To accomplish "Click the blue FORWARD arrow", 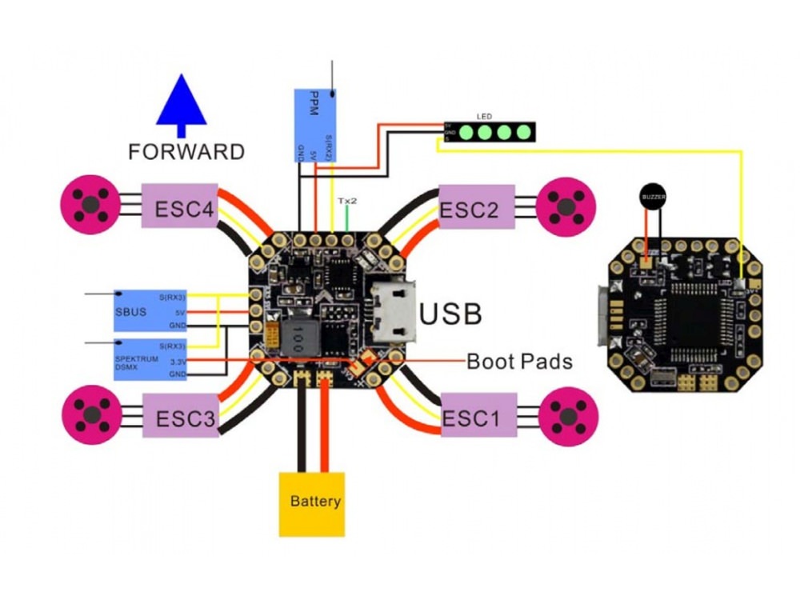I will (x=182, y=104).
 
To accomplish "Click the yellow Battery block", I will (x=311, y=503).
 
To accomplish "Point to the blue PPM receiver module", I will (x=313, y=126).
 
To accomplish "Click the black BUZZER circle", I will (x=653, y=195).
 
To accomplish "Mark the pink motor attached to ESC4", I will (x=90, y=205).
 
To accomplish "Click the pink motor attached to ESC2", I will (x=566, y=206).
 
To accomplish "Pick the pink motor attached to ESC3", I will (x=91, y=414).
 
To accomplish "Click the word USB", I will (x=450, y=314).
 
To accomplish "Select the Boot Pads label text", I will (x=519, y=362).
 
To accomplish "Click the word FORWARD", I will (x=186, y=151).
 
